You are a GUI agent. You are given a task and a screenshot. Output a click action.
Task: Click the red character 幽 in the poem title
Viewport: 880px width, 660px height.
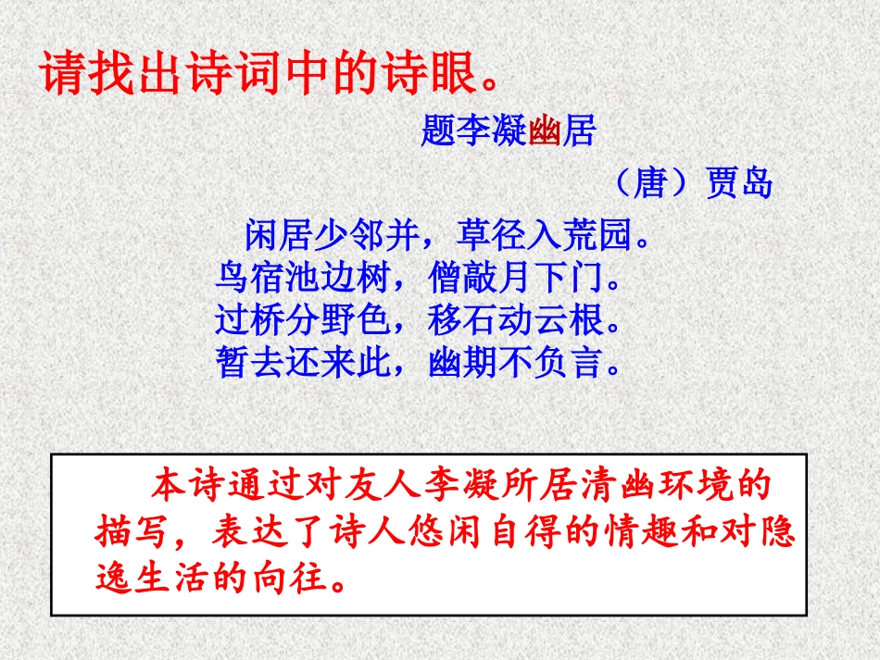(546, 132)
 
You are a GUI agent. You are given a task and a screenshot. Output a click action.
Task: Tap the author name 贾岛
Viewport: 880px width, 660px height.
(738, 183)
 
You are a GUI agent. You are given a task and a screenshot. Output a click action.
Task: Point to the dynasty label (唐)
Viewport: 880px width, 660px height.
(652, 183)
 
